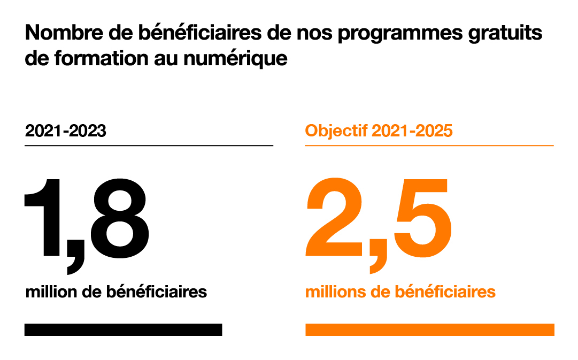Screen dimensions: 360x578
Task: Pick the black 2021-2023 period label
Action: pos(65,131)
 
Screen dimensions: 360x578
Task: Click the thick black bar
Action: pos(123,330)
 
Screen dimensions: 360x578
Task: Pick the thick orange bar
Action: pos(429,330)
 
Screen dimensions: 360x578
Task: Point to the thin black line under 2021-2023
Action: pos(149,145)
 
